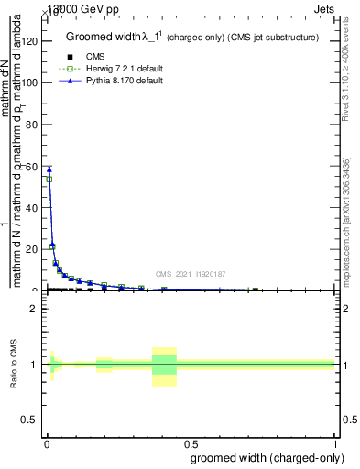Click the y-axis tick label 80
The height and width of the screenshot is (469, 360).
33,124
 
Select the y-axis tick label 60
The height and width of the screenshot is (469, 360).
33,166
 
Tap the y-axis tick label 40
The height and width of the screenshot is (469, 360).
33,207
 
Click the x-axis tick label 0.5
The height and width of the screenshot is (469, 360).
191,442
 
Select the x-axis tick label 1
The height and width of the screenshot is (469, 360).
335,442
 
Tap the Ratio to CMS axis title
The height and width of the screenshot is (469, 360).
16,365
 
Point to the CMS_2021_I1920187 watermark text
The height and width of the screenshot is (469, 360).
191,273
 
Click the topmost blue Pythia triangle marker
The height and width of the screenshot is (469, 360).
49,169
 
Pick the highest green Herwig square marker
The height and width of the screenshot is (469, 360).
49,180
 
